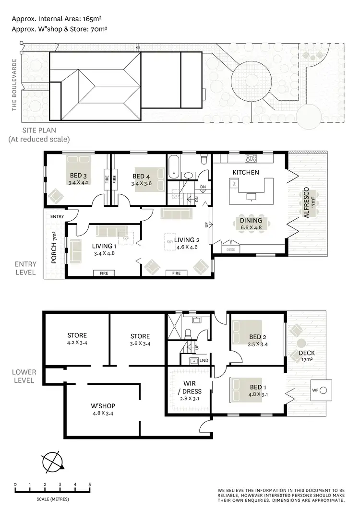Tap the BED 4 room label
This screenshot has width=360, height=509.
142,176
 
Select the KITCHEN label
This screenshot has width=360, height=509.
246,172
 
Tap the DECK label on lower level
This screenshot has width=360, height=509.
306,354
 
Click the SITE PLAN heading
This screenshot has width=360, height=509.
39,130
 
